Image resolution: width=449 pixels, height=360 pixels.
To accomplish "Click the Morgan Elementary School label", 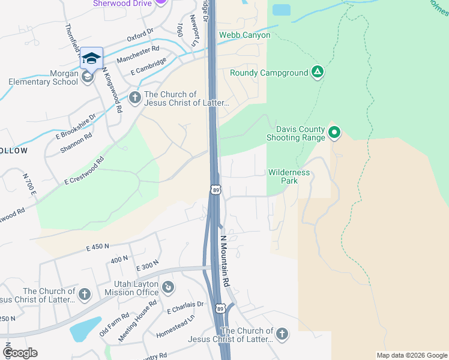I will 43,82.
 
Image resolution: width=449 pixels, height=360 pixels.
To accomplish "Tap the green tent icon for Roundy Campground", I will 318,73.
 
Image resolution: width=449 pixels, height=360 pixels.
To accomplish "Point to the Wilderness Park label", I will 289,176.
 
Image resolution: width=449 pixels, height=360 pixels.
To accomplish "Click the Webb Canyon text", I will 244,35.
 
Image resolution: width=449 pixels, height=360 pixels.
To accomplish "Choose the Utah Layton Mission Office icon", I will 168,287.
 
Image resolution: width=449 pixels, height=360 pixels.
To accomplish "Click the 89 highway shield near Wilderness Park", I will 216,190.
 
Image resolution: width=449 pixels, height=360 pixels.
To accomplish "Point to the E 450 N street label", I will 98,247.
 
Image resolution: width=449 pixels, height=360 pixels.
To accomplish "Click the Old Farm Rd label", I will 114,325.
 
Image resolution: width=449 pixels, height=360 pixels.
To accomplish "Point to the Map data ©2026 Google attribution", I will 412,355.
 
